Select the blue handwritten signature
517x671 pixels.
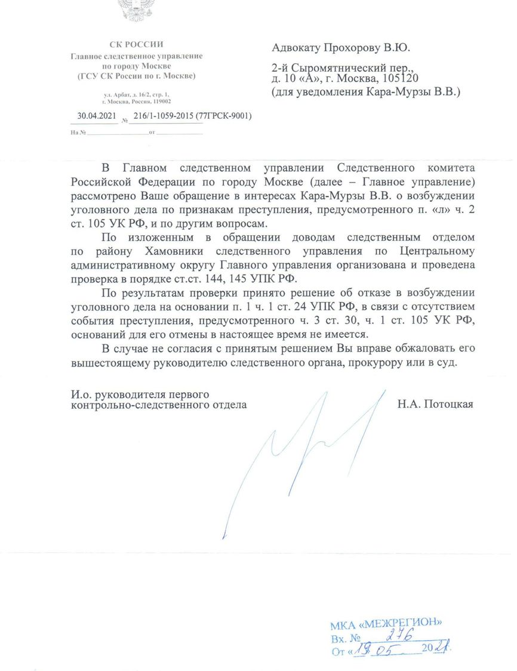298,454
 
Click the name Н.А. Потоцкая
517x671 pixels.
435,405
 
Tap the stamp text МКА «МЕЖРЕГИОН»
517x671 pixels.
386,626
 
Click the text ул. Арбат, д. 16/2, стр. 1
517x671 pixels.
137,95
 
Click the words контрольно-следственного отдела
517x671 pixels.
158,405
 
